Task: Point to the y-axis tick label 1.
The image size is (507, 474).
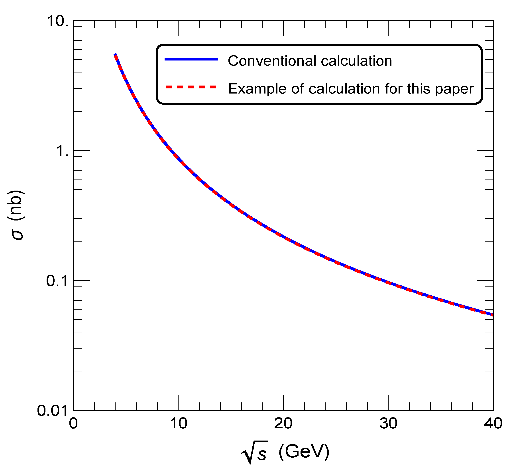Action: click(x=62, y=151)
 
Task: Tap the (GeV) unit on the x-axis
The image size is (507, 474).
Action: click(x=304, y=452)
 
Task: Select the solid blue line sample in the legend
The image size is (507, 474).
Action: click(x=191, y=59)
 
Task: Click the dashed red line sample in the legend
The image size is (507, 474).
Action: click(x=191, y=87)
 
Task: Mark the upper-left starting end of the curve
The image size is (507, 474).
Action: click(x=115, y=55)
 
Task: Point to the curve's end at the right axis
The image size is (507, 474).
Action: click(x=492, y=315)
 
